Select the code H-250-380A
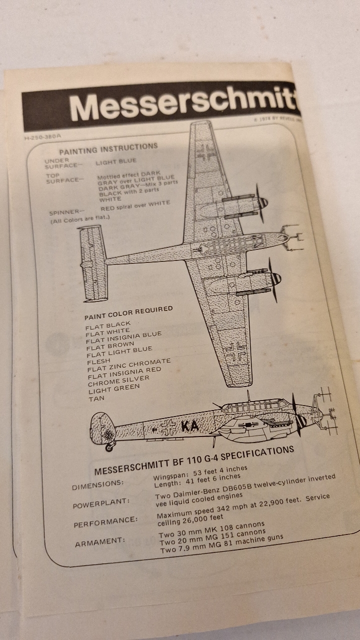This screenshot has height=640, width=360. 44,136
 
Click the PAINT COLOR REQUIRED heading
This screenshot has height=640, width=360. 128,313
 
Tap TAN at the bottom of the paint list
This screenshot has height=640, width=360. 96,399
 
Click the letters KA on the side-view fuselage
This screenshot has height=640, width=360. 190,426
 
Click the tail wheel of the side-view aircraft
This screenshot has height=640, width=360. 109,447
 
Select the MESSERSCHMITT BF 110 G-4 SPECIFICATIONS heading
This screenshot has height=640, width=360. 194,461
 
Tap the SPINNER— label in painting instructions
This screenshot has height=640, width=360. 65,212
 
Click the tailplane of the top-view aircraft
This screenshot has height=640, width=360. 93,263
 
